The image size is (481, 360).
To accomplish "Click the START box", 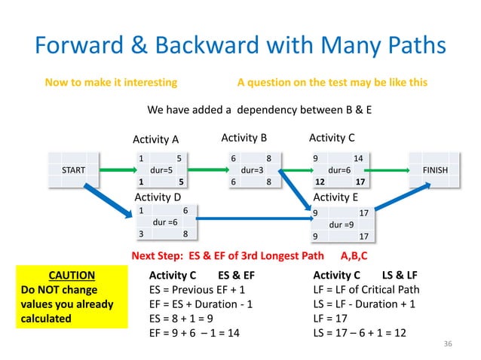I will coord(72,170).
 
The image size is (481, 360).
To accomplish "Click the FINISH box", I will coord(434,170).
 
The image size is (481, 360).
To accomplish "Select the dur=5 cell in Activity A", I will coord(160,170).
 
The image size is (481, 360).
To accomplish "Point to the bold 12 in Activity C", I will coord(320,182).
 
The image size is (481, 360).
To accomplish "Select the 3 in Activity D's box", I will coord(141,234).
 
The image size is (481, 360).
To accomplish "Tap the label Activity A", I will coord(155,139).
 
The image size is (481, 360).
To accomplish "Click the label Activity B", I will coord(244,139).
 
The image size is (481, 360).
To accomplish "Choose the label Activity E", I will coord(335,197).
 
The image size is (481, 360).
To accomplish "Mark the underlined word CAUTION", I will coord(71,275).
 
